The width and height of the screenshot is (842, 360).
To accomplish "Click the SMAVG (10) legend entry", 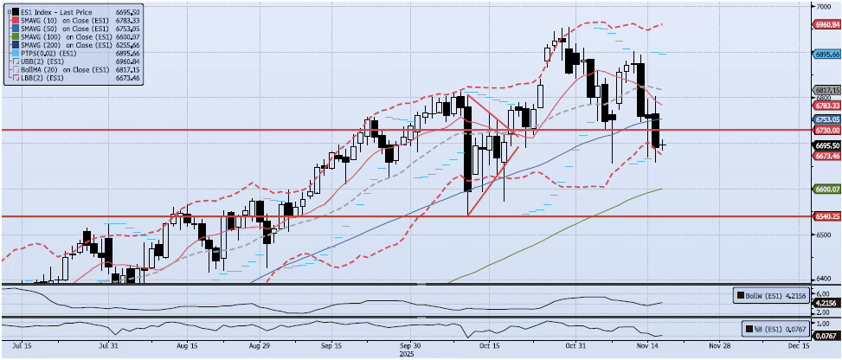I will (52, 19).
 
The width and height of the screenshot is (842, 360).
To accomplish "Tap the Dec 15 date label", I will (798, 344).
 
